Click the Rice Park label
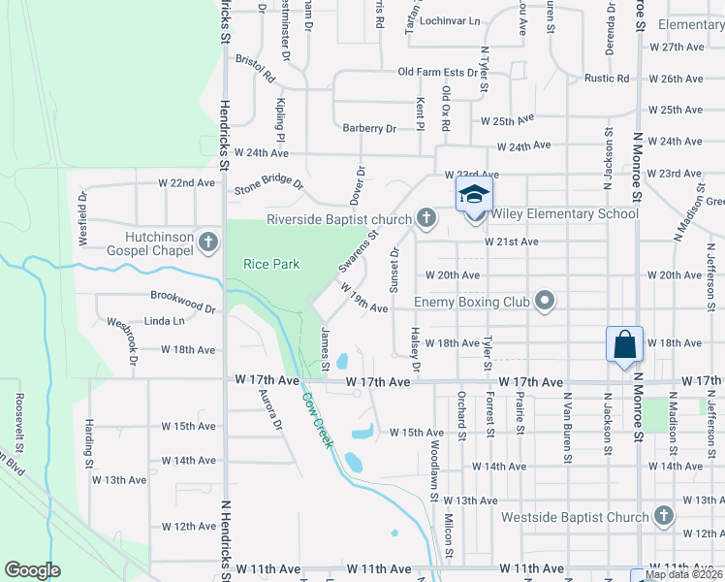[x=271, y=264]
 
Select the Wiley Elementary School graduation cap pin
[x=474, y=194]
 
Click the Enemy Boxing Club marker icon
[x=545, y=302]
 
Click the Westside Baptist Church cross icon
[x=664, y=515]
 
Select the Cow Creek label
[x=317, y=419]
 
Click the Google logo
[x=33, y=570]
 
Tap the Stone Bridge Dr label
[x=268, y=185]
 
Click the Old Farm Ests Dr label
[x=438, y=73]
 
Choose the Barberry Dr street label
[x=370, y=128]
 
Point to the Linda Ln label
[x=164, y=321]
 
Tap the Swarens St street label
[x=358, y=249]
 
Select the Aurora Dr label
[x=269, y=409]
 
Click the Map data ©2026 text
[x=684, y=574]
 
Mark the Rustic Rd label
[x=607, y=79]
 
